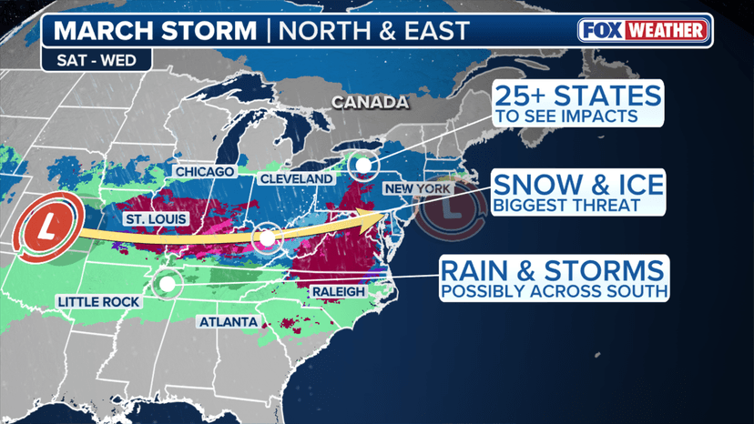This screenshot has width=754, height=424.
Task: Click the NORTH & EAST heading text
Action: click(373, 30)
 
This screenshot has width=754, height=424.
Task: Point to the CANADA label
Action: click(370, 103)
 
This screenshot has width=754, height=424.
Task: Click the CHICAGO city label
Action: click(205, 171)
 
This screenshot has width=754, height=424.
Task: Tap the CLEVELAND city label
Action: click(296, 179)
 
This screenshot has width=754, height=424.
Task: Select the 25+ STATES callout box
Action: click(577, 104)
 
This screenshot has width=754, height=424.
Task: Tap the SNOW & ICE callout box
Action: click(578, 191)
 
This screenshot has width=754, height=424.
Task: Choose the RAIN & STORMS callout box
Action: click(553, 278)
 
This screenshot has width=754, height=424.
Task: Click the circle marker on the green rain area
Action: click(167, 284)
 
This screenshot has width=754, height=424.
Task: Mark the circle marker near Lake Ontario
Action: click(363, 165)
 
